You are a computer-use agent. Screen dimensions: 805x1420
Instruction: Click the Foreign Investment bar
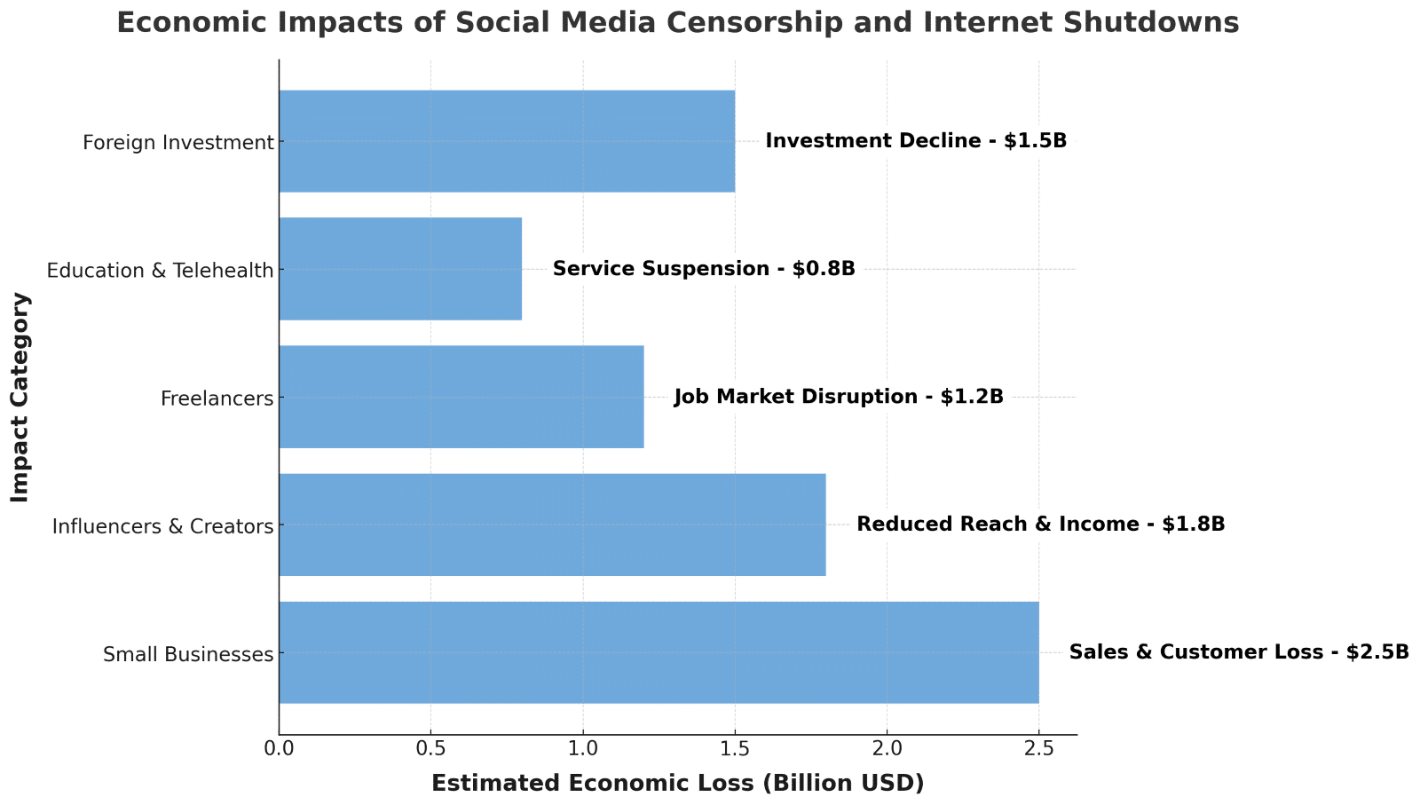click(x=507, y=141)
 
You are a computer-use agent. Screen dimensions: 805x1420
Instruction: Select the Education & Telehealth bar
click(x=400, y=269)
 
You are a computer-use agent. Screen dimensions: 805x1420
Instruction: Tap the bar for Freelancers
click(x=461, y=397)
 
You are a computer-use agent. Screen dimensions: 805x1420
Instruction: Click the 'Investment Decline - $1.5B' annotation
click(x=916, y=141)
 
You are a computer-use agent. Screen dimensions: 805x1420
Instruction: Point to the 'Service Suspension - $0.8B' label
click(x=704, y=269)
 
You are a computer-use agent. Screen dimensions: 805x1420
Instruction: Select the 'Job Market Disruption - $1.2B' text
click(x=839, y=397)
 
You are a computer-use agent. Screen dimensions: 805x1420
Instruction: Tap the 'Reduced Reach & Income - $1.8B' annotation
click(x=1040, y=525)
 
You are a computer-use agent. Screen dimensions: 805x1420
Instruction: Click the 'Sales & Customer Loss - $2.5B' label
click(x=1239, y=652)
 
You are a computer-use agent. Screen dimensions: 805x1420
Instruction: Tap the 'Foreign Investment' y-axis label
click(x=177, y=142)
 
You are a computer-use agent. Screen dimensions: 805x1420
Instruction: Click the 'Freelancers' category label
click(x=217, y=399)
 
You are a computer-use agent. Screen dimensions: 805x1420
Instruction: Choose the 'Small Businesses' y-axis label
click(x=187, y=655)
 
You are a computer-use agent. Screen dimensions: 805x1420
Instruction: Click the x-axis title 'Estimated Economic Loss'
click(x=677, y=784)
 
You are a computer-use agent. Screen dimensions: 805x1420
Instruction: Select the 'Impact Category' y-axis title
click(x=20, y=397)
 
